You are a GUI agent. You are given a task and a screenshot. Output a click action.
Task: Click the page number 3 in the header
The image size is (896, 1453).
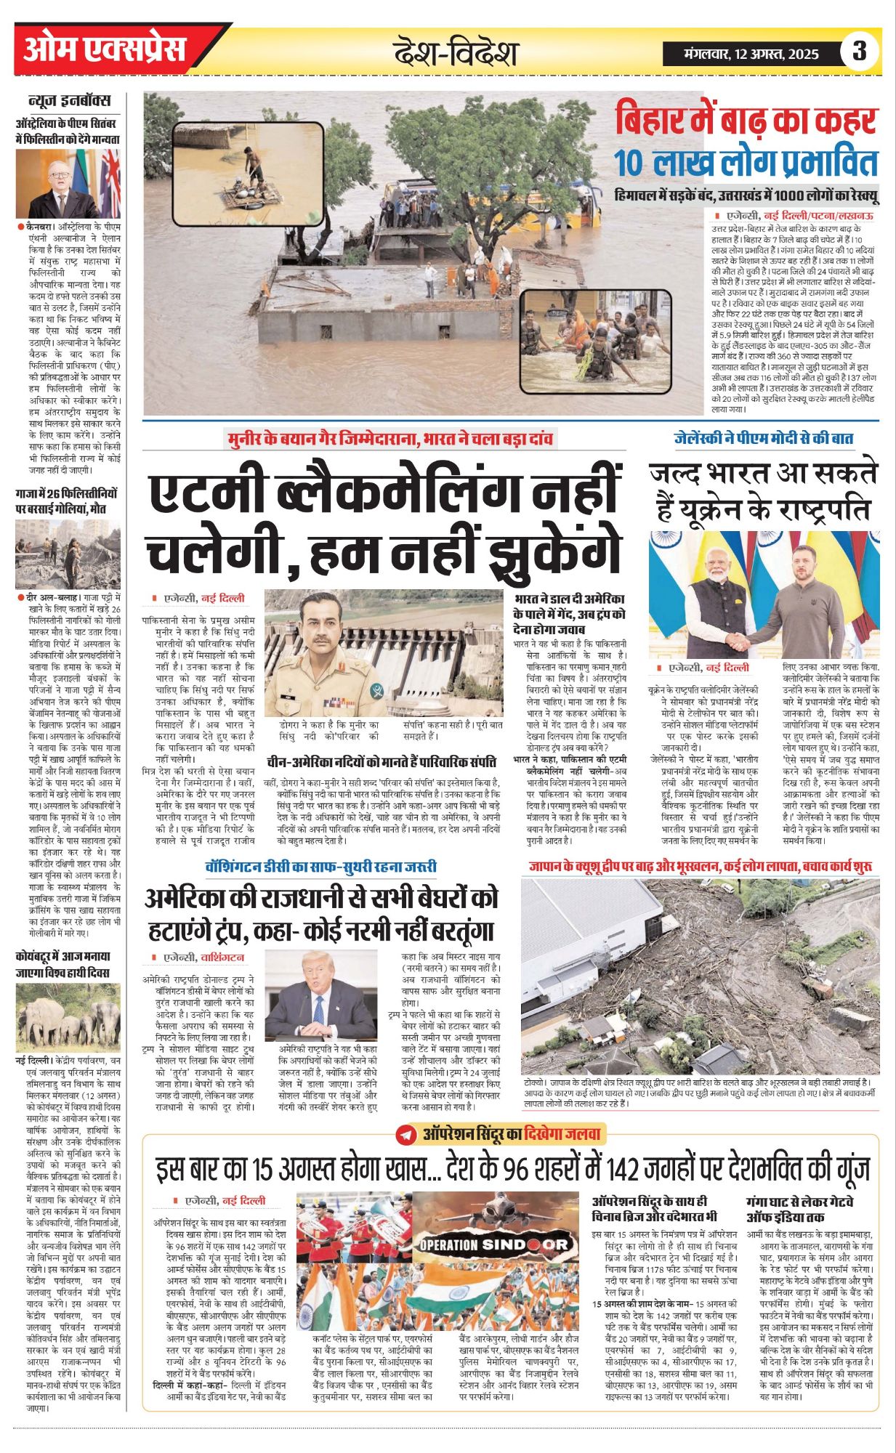(860, 52)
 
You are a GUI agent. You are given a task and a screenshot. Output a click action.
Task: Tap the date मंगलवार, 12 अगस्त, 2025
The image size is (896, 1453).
(751, 54)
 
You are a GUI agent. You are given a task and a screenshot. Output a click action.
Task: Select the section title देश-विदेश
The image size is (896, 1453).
(456, 52)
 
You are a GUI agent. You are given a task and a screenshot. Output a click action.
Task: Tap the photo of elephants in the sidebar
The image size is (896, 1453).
(68, 1016)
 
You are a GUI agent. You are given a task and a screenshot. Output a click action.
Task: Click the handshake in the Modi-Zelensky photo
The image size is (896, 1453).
(743, 641)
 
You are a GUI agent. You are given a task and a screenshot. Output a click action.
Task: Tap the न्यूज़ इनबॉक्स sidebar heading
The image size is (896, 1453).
(70, 100)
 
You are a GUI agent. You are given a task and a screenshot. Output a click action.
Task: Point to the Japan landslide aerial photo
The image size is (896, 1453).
(700, 976)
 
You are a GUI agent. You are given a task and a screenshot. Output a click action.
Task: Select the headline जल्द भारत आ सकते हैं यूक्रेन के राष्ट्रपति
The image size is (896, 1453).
(763, 493)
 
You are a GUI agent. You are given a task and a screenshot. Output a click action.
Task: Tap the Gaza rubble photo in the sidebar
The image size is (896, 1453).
(68, 554)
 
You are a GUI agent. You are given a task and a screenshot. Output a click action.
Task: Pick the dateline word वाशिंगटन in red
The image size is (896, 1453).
(223, 958)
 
